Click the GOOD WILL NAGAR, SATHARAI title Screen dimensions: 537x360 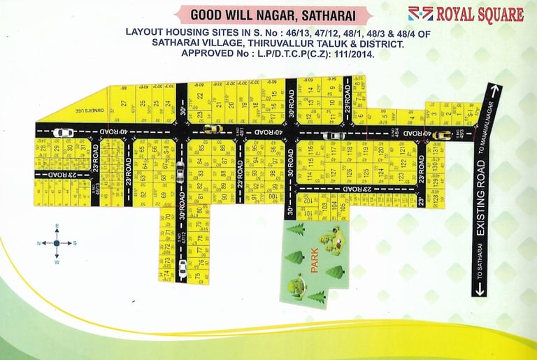(x=272, y=15)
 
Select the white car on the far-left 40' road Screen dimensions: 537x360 (x=63, y=132)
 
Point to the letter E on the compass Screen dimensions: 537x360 (x=57, y=226)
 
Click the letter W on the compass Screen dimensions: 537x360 (x=57, y=262)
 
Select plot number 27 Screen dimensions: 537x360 (x=123, y=104)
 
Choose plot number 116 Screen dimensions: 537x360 (x=309, y=150)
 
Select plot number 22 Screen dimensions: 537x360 (x=199, y=97)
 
